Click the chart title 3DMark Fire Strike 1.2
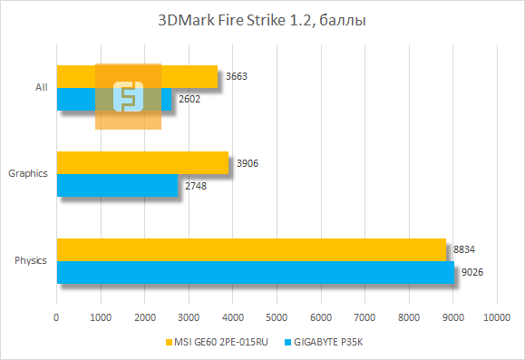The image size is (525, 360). (x=262, y=21)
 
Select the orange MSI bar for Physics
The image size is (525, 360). (x=251, y=249)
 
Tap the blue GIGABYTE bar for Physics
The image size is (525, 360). (x=256, y=272)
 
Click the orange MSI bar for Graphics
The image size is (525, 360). (x=142, y=162)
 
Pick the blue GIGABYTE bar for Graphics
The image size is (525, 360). (x=117, y=185)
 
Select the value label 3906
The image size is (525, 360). (x=247, y=163)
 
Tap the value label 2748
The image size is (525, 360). (x=196, y=185)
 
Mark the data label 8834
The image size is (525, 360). (x=463, y=249)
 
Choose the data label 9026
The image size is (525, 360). (x=472, y=272)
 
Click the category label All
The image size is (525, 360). (x=41, y=88)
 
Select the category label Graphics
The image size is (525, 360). (x=28, y=174)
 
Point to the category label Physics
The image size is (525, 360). (x=31, y=261)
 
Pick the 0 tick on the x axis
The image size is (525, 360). (x=57, y=317)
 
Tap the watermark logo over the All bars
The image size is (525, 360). (x=128, y=96)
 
